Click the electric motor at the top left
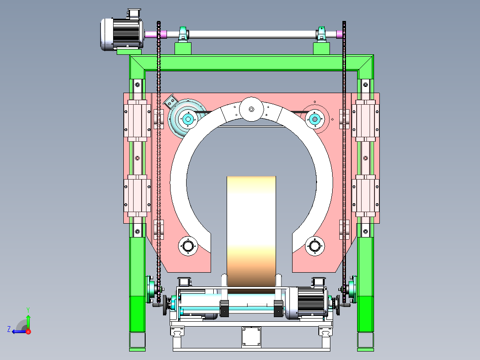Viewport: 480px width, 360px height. click(122, 32)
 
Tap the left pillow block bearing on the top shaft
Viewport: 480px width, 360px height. click(183, 34)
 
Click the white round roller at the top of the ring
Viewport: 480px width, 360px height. click(251, 109)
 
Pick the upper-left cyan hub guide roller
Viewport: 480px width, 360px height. click(188, 119)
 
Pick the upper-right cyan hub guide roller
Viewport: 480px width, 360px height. click(315, 119)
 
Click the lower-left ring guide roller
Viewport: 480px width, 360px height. click(188, 246)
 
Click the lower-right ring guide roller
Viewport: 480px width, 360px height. click(315, 246)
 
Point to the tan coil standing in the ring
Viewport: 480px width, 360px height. click(251, 233)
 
